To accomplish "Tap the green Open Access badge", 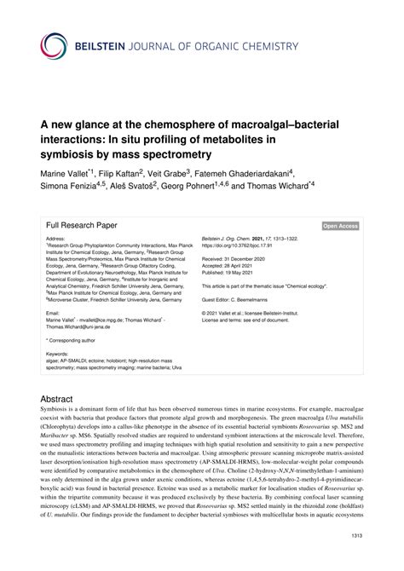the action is tap(340, 226).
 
